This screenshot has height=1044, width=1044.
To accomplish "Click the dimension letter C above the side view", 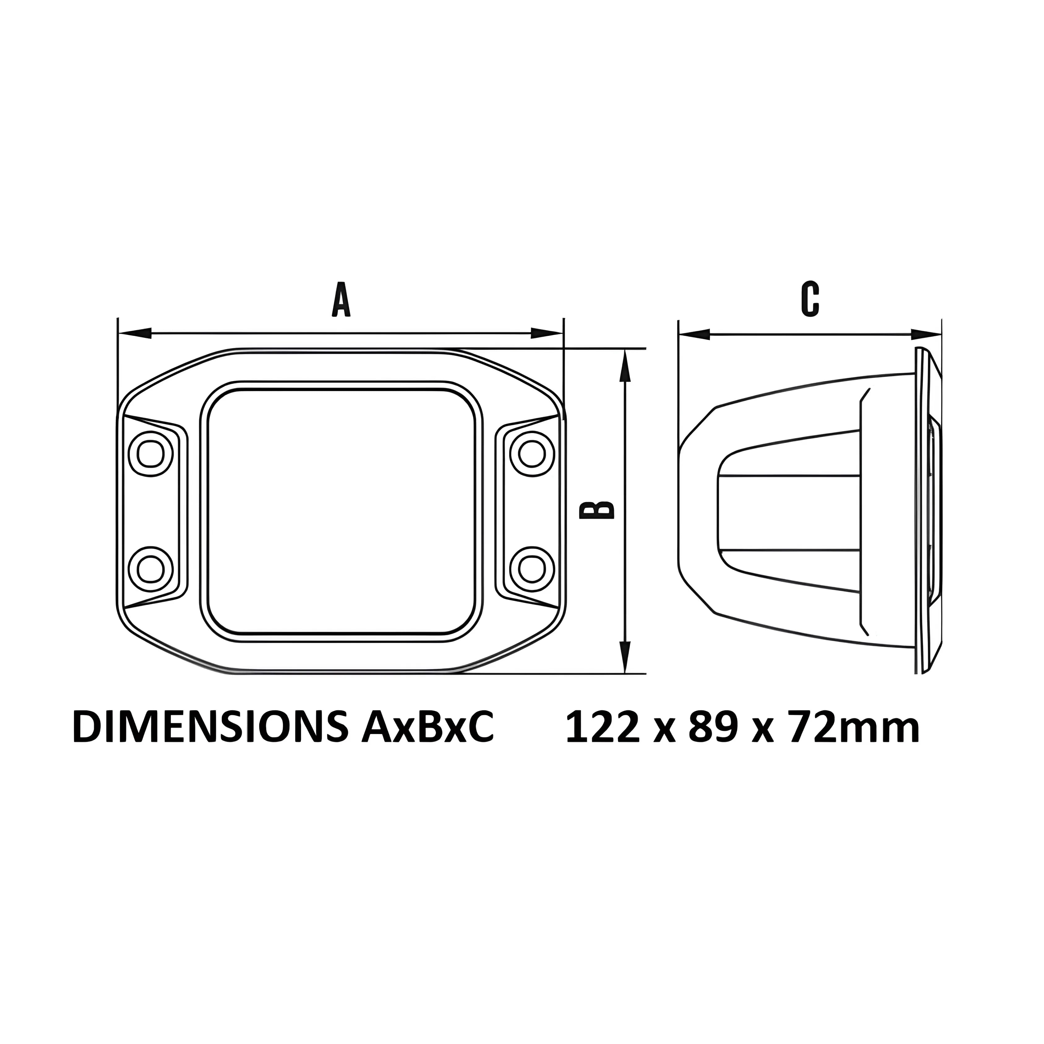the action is [810, 299].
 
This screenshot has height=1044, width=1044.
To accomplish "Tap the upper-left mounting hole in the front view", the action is [151, 453].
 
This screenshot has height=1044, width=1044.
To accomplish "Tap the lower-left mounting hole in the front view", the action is [151, 569].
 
